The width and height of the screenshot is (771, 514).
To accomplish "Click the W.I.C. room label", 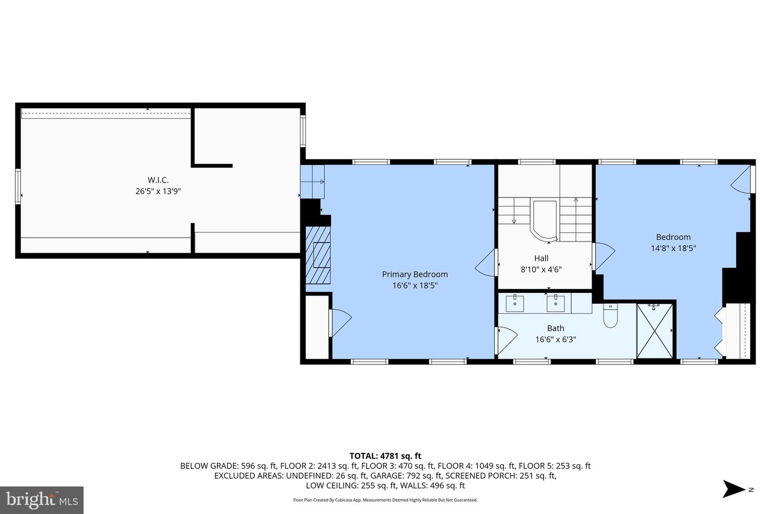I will (158, 180).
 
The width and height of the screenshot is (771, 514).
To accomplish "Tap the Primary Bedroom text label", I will (415, 274).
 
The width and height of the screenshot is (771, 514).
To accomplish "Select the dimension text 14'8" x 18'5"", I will (673, 248).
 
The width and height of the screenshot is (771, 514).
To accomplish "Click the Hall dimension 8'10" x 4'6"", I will (541, 270).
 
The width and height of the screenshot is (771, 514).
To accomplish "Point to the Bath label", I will (555, 328).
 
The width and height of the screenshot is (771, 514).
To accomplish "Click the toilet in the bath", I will (610, 316).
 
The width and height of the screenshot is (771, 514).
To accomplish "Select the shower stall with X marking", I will (654, 330).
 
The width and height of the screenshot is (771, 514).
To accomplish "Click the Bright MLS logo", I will (41, 500).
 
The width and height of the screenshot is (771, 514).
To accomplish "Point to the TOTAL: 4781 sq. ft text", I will (385, 456).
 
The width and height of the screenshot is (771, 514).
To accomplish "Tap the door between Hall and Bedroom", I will (603, 256).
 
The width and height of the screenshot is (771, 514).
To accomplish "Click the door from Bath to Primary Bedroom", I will (506, 341).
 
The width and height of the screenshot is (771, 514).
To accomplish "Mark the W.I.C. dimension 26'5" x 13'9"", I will (158, 191).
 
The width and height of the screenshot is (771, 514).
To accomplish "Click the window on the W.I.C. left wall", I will (18, 186).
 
